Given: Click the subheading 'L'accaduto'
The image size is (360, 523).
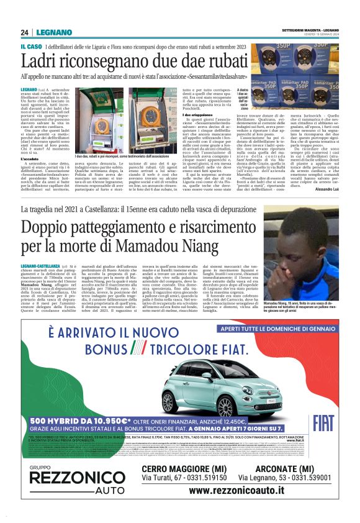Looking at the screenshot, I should (x=32, y=159).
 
